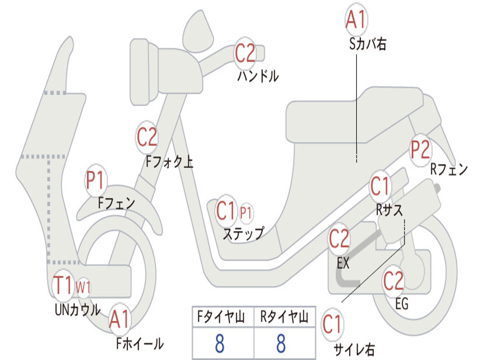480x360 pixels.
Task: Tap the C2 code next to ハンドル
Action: point(245,53)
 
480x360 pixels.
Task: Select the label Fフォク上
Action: point(169,162)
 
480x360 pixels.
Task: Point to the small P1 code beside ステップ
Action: point(246,213)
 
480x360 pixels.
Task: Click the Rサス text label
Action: point(390,210)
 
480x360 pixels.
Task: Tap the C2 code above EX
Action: point(339,239)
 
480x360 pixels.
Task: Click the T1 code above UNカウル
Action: point(63,285)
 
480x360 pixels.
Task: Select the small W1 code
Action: point(83,287)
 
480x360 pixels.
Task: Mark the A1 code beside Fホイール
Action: point(120,321)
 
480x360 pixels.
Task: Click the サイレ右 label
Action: point(354,349)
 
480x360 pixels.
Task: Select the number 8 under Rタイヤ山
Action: point(281,344)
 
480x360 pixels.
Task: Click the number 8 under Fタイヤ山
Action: point(219,344)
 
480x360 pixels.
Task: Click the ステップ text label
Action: point(243,233)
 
